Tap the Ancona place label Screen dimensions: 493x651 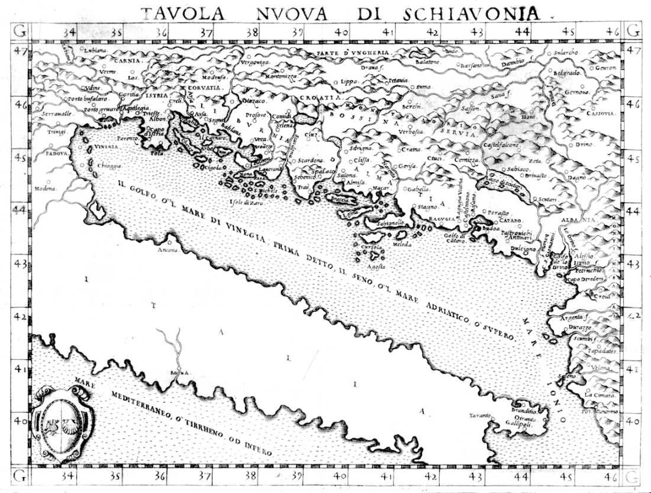tap(167, 249)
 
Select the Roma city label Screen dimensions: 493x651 tap(179, 372)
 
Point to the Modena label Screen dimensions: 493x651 tap(48, 189)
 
